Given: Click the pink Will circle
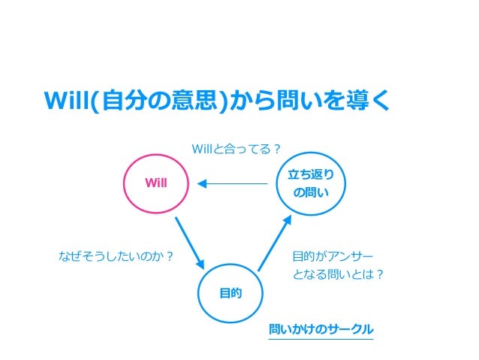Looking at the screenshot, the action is [156, 183].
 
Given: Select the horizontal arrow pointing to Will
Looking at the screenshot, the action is [233, 183].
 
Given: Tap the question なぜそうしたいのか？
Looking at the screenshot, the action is [116, 256].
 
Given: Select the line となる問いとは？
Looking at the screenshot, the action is [339, 274].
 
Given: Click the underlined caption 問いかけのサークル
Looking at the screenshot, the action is [321, 330].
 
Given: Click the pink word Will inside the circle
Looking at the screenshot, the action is [156, 183].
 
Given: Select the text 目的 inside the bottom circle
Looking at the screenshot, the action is [230, 293].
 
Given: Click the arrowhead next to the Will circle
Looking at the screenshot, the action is [202, 183].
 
